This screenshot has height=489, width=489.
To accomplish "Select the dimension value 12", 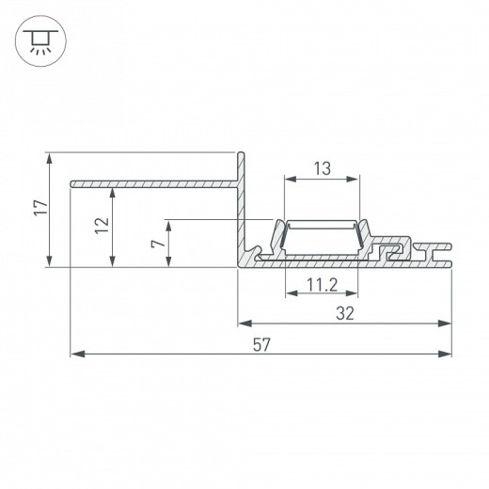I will [x=103, y=225].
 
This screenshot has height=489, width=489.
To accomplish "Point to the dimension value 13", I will [x=321, y=168].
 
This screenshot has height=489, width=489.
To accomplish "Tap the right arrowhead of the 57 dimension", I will [x=446, y=355].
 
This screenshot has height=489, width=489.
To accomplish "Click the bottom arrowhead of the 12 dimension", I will [x=113, y=262].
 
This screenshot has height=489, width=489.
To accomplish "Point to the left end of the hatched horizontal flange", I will [x=71, y=181].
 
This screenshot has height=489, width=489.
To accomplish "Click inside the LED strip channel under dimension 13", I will [x=321, y=239].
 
